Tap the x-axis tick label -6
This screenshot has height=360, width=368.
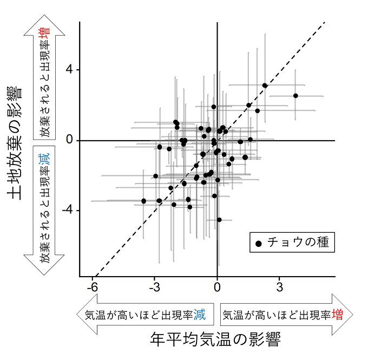[93, 286]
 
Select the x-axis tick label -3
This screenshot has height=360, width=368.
[155, 286]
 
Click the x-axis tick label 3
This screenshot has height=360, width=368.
[279, 286]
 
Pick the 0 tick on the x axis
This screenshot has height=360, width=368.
[217, 286]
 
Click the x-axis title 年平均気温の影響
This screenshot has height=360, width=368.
[216, 340]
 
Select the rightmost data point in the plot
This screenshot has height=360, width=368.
[295, 96]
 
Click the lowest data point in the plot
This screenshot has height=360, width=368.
[219, 220]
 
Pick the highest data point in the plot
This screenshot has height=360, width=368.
[265, 86]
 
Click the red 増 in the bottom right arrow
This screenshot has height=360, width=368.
[337, 315]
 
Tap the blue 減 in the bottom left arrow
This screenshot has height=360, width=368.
[200, 315]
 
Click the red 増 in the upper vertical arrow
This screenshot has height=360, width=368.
[47, 31]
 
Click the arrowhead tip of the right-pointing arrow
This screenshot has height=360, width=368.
[353, 314]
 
